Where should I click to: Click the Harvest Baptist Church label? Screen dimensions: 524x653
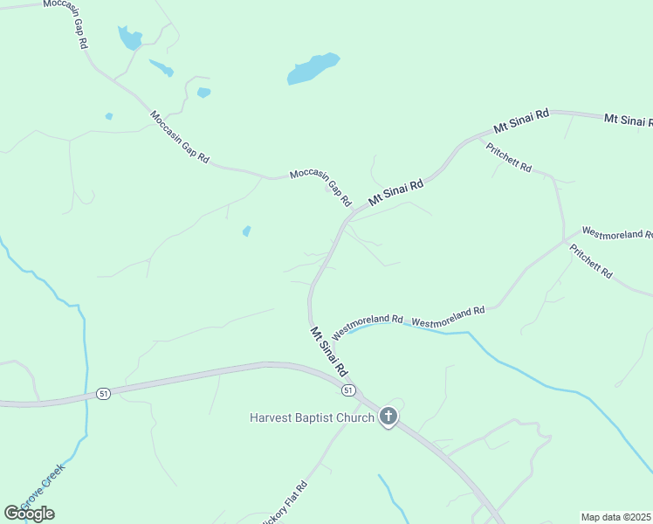[312, 418]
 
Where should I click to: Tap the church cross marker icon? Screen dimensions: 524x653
[388, 417]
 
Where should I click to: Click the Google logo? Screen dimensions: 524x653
[29, 514]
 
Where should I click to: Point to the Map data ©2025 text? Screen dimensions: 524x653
[616, 517]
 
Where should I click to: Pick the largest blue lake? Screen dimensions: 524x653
[313, 69]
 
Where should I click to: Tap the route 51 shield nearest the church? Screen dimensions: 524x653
[348, 390]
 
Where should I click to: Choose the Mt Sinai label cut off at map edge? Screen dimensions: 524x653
[628, 119]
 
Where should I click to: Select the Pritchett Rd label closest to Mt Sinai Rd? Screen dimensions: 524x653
[509, 156]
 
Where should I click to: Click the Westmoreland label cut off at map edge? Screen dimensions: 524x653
[616, 233]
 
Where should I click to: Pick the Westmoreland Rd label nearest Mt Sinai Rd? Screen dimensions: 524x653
[368, 325]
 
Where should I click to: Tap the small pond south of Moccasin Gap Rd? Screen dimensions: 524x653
[246, 231]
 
